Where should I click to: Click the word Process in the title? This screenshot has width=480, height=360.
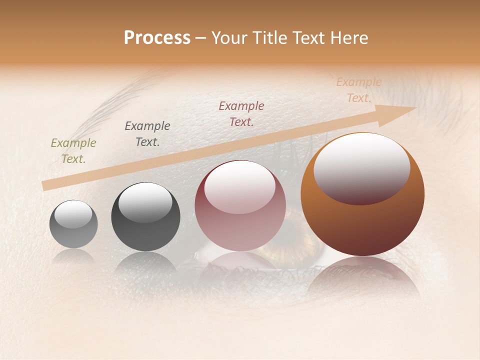[157, 38]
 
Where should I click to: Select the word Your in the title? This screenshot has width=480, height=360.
[229, 38]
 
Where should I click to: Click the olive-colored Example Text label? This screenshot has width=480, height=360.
[73, 151]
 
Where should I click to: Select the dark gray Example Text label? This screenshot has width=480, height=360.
[147, 134]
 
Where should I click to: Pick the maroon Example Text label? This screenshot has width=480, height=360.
[241, 114]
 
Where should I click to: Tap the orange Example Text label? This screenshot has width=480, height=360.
[358, 90]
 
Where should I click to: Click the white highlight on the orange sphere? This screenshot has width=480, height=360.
[361, 167]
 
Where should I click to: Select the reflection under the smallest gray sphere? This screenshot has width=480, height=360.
[73, 256]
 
